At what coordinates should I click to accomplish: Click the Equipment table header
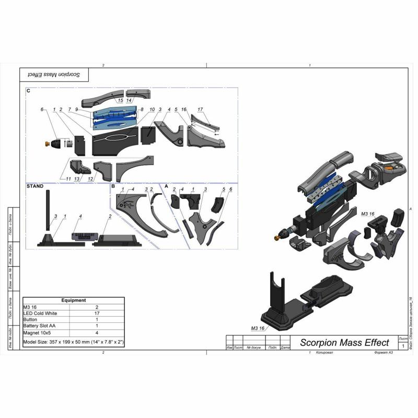pos(73,300)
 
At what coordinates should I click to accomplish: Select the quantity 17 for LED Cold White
pos(97,313)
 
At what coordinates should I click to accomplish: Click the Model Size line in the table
pos(73,342)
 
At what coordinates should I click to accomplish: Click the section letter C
pos(28,91)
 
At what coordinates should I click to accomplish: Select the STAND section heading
pos(35,186)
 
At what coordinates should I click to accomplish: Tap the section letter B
pos(112,186)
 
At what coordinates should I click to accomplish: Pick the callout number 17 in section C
pos(200,109)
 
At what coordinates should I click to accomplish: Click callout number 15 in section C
pos(121,100)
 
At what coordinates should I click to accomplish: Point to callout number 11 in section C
pos(69,179)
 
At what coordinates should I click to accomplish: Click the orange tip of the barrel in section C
pos(45,142)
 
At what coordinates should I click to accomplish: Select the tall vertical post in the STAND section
pos(48,209)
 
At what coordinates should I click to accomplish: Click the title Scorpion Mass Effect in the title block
pos(344,343)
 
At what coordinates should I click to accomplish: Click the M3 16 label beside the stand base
pos(258,328)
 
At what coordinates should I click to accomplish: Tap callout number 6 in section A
pos(230,189)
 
